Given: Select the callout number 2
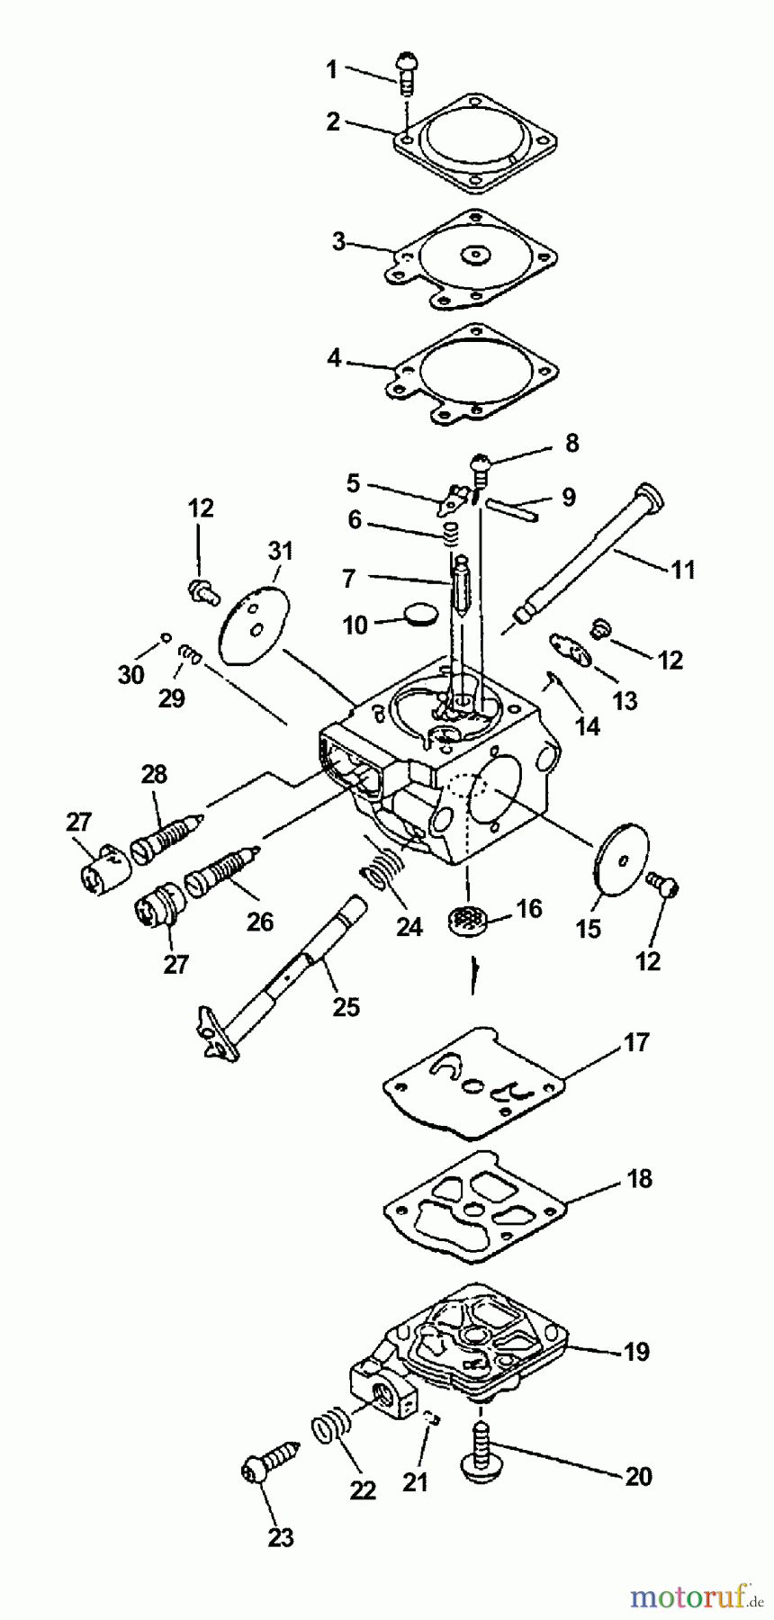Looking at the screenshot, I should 333,122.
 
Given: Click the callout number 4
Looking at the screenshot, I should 334,358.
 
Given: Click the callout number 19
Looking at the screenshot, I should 636,1352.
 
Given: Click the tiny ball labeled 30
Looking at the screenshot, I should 166,637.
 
